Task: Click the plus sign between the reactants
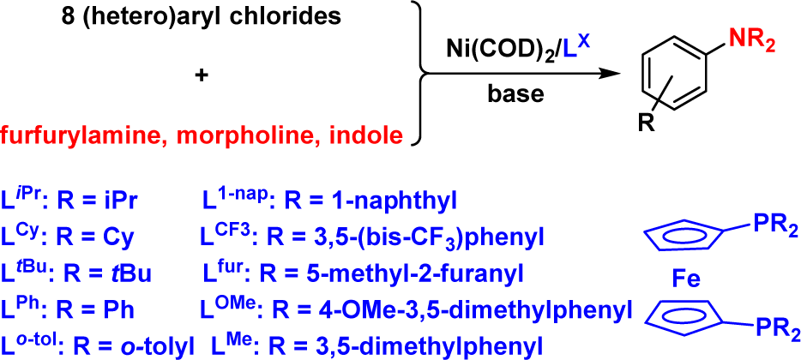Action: [x=202, y=75]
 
